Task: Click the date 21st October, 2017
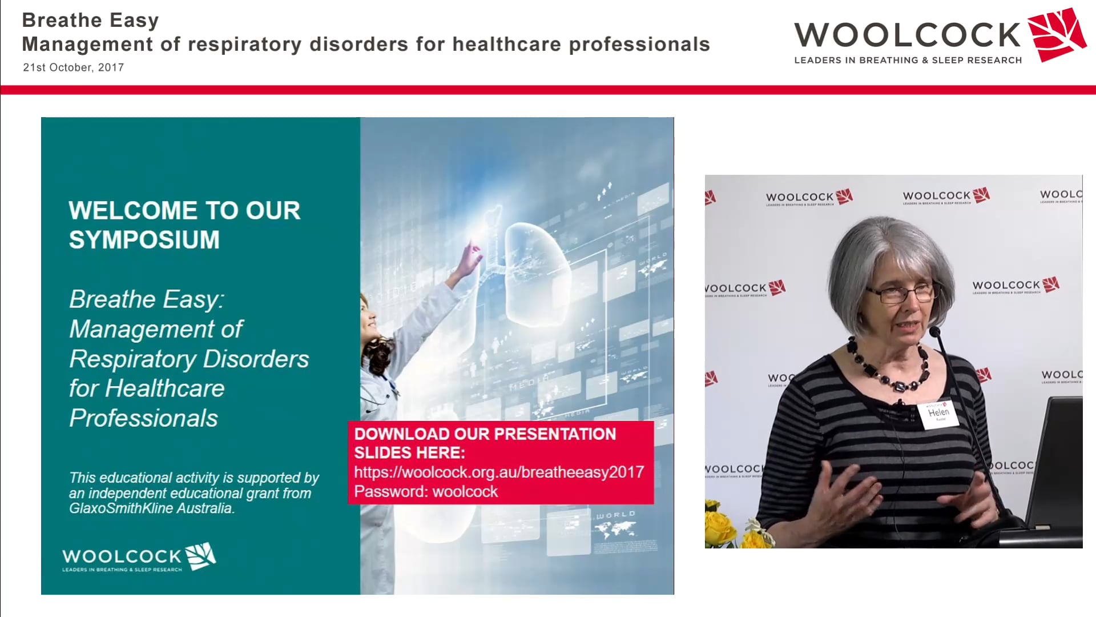(73, 67)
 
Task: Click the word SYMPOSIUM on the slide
(144, 240)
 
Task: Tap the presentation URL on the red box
(498, 472)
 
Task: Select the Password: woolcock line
(425, 492)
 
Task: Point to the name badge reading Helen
(938, 413)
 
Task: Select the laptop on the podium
(1056, 463)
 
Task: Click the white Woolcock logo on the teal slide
(139, 557)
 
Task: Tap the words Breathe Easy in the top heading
(90, 20)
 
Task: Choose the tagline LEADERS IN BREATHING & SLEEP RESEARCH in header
(908, 61)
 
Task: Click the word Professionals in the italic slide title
(143, 418)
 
